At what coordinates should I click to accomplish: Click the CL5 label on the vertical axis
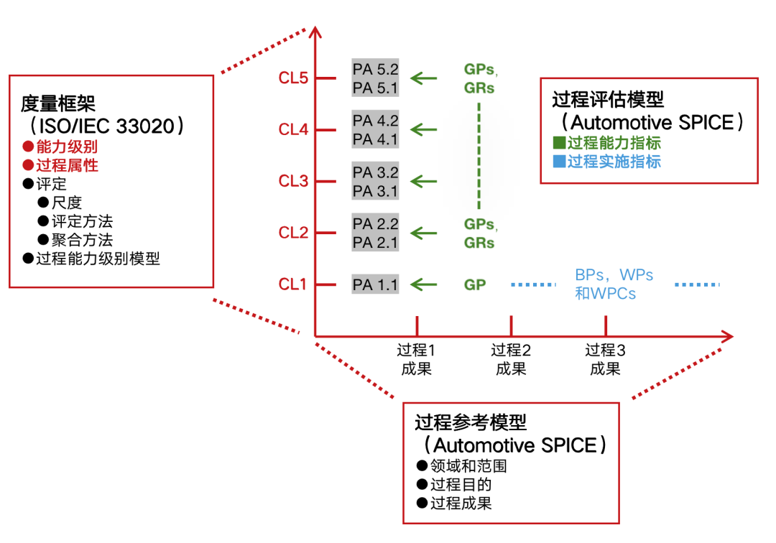click(293, 78)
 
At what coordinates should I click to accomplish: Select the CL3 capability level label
click(293, 181)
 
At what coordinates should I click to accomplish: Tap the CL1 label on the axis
click(293, 284)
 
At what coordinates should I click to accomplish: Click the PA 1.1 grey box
click(375, 284)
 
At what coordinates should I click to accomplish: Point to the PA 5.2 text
click(375, 70)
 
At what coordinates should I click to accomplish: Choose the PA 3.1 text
click(375, 191)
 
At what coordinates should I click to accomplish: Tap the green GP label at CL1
click(475, 284)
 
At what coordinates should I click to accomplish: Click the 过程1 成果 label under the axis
click(417, 359)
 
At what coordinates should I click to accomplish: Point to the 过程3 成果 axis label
click(605, 359)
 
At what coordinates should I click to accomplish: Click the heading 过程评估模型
click(608, 99)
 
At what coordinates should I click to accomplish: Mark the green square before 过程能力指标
click(559, 142)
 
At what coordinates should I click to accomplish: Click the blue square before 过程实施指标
click(559, 161)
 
